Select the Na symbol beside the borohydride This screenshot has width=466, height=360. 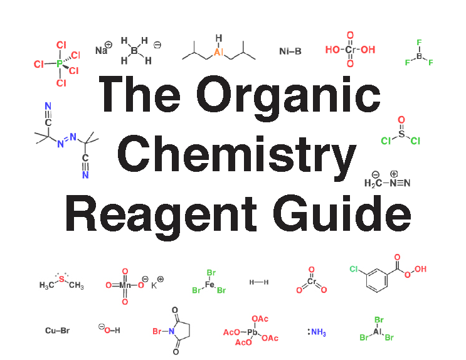(101, 50)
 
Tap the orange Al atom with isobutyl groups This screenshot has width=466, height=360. (218, 52)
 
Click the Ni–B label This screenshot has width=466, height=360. (290, 51)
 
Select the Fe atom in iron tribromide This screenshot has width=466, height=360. (210, 285)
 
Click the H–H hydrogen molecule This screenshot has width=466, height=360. (258, 282)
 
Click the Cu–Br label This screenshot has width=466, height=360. (56, 330)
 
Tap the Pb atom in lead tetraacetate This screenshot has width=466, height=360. (252, 332)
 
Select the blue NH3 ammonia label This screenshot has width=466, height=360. (318, 332)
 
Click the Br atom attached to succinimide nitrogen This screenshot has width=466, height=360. (157, 331)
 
